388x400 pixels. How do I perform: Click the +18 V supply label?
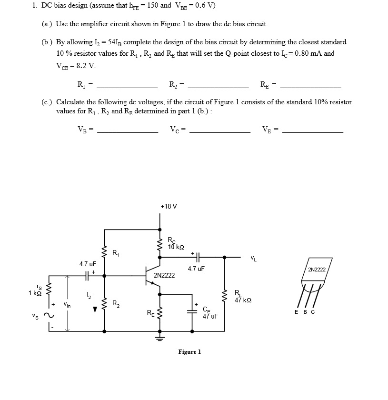(169, 206)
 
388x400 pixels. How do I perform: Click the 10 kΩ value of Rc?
(176, 247)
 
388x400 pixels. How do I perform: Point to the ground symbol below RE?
(159, 339)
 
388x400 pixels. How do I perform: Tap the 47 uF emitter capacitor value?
(209, 316)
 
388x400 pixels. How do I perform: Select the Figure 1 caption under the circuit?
(189, 352)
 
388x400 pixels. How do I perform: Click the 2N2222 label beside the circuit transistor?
(164, 275)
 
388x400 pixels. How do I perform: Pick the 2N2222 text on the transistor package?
(317, 270)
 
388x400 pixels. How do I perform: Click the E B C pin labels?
(304, 312)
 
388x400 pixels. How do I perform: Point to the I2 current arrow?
(95, 305)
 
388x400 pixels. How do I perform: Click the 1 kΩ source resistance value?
(36, 293)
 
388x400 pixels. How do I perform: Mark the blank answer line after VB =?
(127, 132)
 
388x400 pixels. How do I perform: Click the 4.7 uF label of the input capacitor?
(88, 263)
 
